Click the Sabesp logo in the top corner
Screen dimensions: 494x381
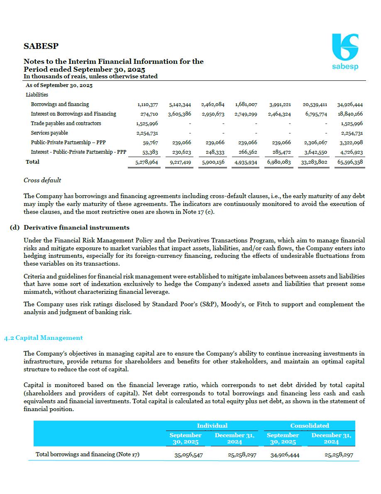click(x=345, y=52)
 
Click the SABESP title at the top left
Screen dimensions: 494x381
click(x=41, y=46)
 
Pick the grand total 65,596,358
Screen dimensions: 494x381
click(x=350, y=162)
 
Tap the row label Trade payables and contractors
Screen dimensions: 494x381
click(x=66, y=123)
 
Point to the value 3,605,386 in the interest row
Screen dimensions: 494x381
click(x=179, y=114)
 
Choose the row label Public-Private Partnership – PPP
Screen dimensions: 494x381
click(x=68, y=143)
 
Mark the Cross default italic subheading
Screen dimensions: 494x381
click(x=42, y=180)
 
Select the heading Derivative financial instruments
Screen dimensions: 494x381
click(x=76, y=228)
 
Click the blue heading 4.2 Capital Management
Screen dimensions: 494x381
click(x=44, y=338)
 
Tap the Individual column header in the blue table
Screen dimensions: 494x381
click(x=212, y=426)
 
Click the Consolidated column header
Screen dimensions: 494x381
click(x=309, y=426)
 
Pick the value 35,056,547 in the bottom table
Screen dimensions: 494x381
click(x=188, y=455)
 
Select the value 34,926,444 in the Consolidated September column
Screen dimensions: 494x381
click(x=285, y=455)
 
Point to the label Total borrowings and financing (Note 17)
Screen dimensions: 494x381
click(x=87, y=454)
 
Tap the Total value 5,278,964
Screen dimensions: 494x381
click(x=147, y=162)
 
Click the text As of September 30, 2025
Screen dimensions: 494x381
click(x=59, y=85)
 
